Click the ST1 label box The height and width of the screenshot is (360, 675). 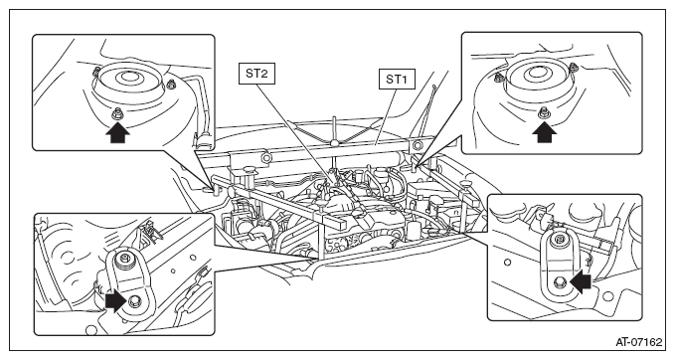click(397, 80)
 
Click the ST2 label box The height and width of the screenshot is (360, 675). click(256, 74)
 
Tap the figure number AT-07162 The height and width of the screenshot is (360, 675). click(639, 342)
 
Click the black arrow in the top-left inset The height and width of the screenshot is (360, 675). click(117, 132)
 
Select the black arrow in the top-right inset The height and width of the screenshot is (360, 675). click(544, 132)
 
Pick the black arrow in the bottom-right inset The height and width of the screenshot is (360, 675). click(580, 281)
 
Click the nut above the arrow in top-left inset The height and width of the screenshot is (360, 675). click(116, 114)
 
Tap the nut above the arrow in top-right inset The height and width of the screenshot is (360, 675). click(543, 112)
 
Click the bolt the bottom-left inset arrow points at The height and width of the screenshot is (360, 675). click(135, 300)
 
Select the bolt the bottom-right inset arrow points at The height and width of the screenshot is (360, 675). click(561, 281)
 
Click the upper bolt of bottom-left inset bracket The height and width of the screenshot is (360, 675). click(124, 259)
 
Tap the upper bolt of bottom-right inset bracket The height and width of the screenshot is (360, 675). click(560, 240)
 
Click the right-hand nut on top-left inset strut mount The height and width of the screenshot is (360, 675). click(171, 84)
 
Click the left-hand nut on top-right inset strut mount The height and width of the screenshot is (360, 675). click(499, 78)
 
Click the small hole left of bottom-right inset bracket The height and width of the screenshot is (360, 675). click(507, 262)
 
